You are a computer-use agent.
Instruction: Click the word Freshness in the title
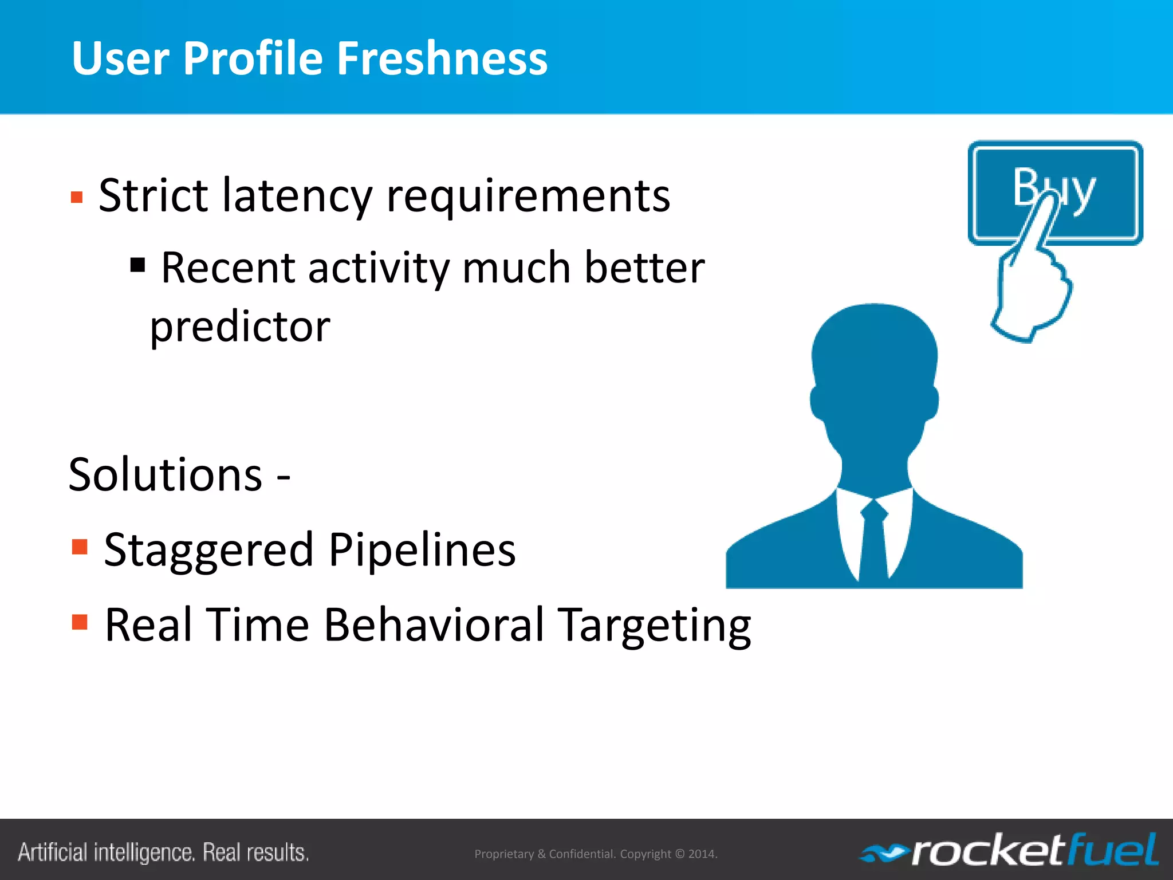pos(442,58)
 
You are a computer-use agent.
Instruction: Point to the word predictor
pos(240,328)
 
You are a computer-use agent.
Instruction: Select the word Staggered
pos(209,550)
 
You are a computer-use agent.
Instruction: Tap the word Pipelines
pos(422,550)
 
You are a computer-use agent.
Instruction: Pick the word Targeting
pos(654,626)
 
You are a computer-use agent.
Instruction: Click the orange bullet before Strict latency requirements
pos(77,198)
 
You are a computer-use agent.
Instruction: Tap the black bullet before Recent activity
pos(137,265)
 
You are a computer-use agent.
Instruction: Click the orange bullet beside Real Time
pos(80,622)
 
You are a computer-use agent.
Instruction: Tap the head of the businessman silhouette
pos(874,367)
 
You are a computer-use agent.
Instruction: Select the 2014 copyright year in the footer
pos(702,854)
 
